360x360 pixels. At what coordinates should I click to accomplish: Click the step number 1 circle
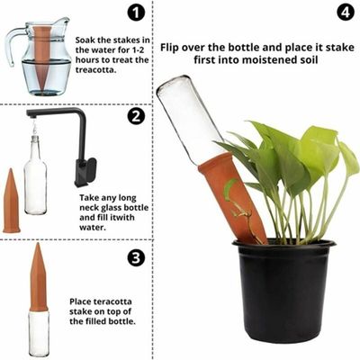click(134, 13)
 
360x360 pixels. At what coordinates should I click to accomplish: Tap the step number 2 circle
click(136, 116)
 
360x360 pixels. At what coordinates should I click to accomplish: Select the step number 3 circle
click(136, 257)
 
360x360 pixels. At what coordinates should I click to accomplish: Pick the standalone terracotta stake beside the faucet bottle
click(11, 202)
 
